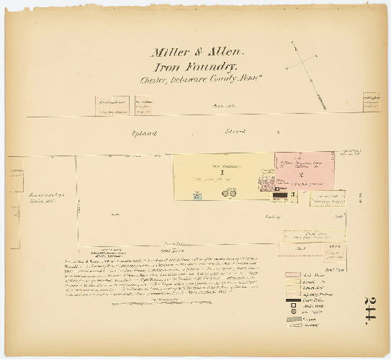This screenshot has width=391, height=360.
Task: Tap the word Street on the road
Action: pyautogui.click(x=235, y=132)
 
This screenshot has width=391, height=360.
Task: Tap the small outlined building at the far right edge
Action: pyautogui.click(x=372, y=102)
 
